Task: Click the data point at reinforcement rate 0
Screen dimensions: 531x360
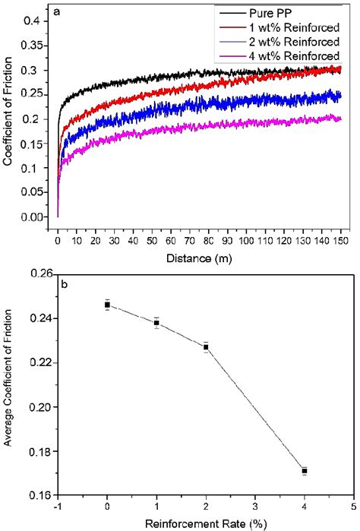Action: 107,305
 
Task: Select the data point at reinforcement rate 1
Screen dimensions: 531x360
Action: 156,323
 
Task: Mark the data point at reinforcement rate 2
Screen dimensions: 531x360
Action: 206,347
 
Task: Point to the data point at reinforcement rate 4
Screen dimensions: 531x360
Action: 305,471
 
